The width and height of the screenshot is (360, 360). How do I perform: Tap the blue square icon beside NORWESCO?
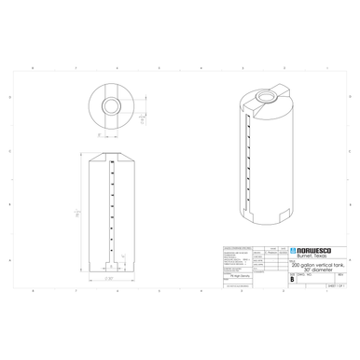pyautogui.click(x=293, y=251)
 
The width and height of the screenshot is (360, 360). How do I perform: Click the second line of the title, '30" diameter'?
pyautogui.click(x=312, y=270)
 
